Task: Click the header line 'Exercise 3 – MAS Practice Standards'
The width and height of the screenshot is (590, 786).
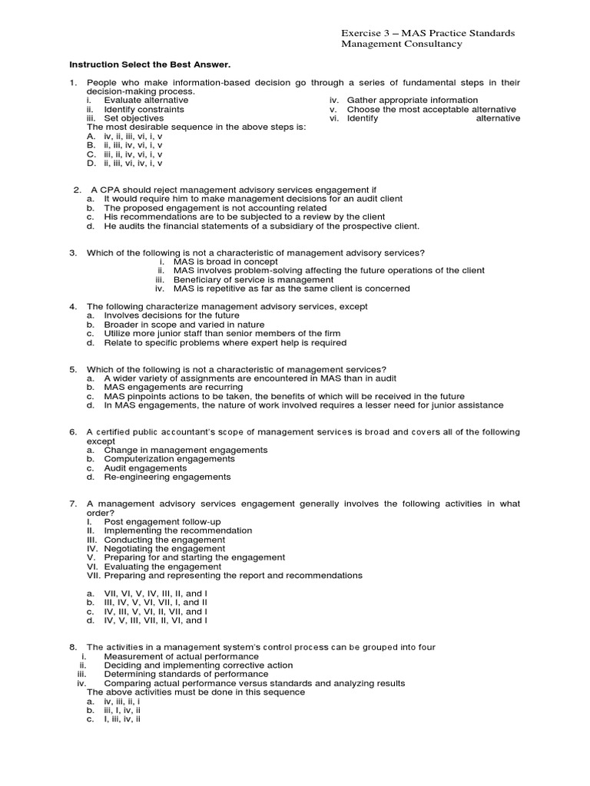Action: tap(428, 34)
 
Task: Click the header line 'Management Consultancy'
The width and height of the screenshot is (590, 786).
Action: tap(402, 45)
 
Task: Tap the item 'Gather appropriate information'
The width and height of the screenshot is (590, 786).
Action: tap(412, 101)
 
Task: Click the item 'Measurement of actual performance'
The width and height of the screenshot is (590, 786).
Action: tap(181, 656)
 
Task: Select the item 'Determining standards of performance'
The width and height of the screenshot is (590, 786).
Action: tap(187, 674)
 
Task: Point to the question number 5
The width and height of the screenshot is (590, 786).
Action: tap(74, 369)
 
